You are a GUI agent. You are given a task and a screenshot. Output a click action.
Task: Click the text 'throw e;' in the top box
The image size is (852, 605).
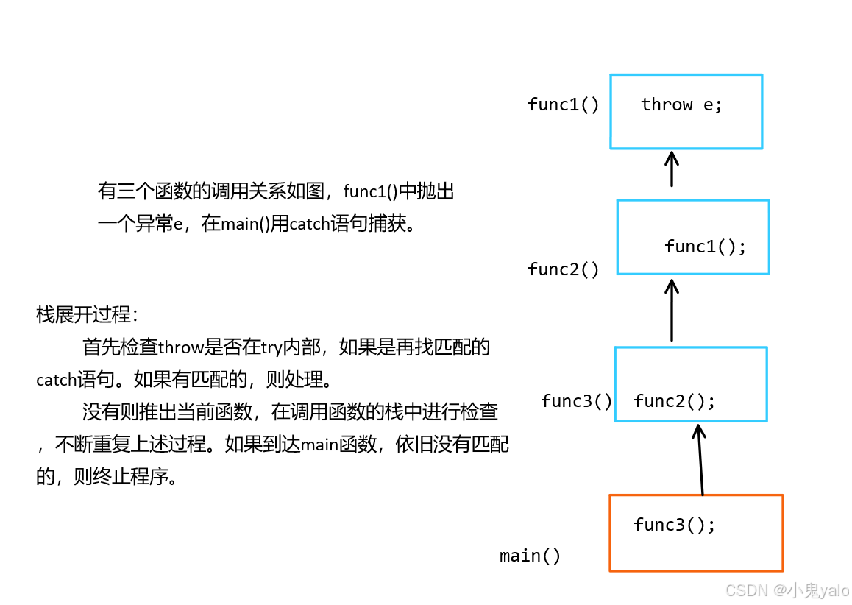coord(681,105)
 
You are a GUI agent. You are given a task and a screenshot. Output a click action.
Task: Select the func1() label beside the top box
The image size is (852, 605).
coord(563,105)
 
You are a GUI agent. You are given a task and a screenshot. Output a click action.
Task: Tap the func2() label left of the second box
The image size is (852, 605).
coord(563,269)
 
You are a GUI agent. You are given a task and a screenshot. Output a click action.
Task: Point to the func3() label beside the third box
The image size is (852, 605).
coord(576,401)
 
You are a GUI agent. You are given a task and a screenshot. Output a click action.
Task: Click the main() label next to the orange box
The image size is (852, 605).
coord(530,556)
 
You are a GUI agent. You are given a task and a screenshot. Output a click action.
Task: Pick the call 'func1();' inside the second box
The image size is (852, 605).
coord(705,247)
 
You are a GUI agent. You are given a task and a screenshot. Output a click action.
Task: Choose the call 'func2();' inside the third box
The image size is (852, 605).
coord(674,401)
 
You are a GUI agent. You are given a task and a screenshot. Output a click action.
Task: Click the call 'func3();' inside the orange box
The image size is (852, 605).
coord(674,525)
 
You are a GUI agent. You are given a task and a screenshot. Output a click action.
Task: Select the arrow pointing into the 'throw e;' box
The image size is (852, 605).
coord(671,169)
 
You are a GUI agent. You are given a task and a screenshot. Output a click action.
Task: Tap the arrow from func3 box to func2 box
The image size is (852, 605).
coord(671,309)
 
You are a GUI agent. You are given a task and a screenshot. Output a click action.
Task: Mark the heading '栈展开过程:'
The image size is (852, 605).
coord(87,315)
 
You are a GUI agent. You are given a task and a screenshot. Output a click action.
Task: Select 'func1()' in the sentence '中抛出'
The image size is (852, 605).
coord(370,192)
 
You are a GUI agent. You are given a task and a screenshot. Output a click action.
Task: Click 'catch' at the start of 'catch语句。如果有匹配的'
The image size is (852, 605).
coord(57,381)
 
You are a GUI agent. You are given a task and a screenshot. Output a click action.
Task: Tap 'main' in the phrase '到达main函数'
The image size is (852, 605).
coord(319,445)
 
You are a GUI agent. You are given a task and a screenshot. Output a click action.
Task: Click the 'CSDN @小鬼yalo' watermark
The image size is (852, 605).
coord(787,590)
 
